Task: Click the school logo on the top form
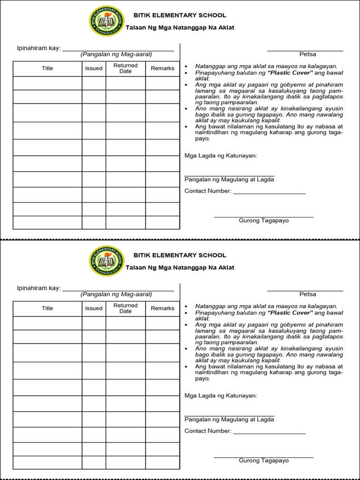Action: pyautogui.click(x=107, y=21)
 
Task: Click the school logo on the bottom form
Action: pyautogui.click(x=107, y=261)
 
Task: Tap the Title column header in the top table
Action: pyautogui.click(x=47, y=68)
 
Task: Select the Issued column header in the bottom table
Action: pyautogui.click(x=94, y=308)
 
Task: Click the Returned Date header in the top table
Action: pyautogui.click(x=126, y=68)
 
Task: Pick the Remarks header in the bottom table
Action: pyautogui.click(x=163, y=308)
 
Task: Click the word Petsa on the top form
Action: pyautogui.click(x=307, y=54)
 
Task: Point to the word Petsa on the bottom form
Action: pyautogui.click(x=307, y=294)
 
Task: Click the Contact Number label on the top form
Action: pyautogui.click(x=208, y=191)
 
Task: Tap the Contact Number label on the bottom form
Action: pyautogui.click(x=208, y=431)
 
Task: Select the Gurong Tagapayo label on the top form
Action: pyautogui.click(x=264, y=220)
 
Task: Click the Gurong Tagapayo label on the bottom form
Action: pyautogui.click(x=264, y=460)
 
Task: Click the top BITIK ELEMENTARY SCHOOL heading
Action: pyautogui.click(x=180, y=15)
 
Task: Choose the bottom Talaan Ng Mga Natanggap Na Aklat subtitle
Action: pyautogui.click(x=180, y=268)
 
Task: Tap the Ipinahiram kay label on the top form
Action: pyautogui.click(x=39, y=48)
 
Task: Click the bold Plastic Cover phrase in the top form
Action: pyautogui.click(x=290, y=73)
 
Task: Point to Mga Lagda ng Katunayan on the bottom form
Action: pyautogui.click(x=221, y=396)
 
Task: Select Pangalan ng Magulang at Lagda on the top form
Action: pyautogui.click(x=229, y=180)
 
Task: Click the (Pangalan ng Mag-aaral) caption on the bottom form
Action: pyautogui.click(x=116, y=294)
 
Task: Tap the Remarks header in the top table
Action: pyautogui.click(x=163, y=68)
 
